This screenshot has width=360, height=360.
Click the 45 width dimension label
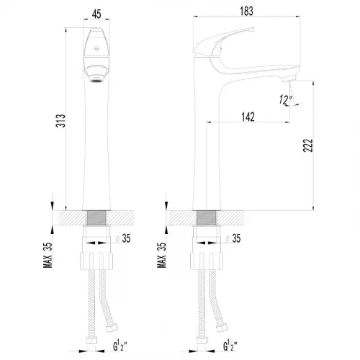(x=96, y=14)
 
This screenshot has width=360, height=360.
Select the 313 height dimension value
(x=60, y=121)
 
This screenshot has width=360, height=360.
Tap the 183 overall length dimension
(x=246, y=11)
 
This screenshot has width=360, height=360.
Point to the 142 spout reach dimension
(x=248, y=117)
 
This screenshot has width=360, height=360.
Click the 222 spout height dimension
(x=308, y=145)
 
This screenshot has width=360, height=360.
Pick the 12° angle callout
(x=286, y=99)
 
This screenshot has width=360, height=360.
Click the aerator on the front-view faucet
(x=96, y=79)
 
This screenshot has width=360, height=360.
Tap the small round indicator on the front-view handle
(x=96, y=49)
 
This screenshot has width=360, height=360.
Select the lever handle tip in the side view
(x=252, y=29)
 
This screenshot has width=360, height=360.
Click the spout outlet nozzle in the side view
(x=289, y=78)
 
